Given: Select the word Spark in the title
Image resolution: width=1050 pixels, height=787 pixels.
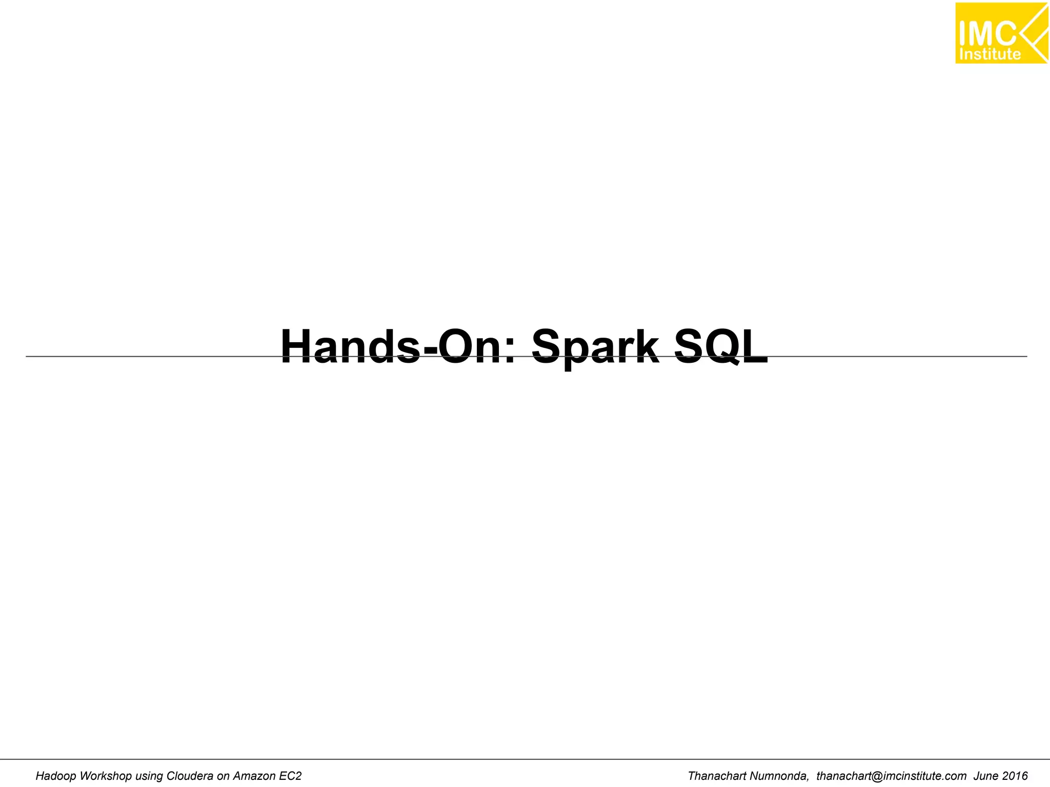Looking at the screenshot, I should [595, 347].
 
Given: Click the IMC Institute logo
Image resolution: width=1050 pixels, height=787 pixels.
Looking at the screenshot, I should [1001, 33].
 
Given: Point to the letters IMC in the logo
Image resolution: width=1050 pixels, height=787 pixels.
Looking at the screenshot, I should [987, 33].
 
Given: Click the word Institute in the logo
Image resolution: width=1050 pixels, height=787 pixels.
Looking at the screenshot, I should [990, 54].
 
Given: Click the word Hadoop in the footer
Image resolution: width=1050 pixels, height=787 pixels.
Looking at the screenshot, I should [55, 776].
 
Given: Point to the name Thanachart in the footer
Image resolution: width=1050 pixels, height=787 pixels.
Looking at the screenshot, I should [717, 776].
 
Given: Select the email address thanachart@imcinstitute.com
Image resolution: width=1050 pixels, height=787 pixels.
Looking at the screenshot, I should [892, 776].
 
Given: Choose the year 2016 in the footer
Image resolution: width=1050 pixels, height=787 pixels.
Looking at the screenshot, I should [1015, 776].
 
